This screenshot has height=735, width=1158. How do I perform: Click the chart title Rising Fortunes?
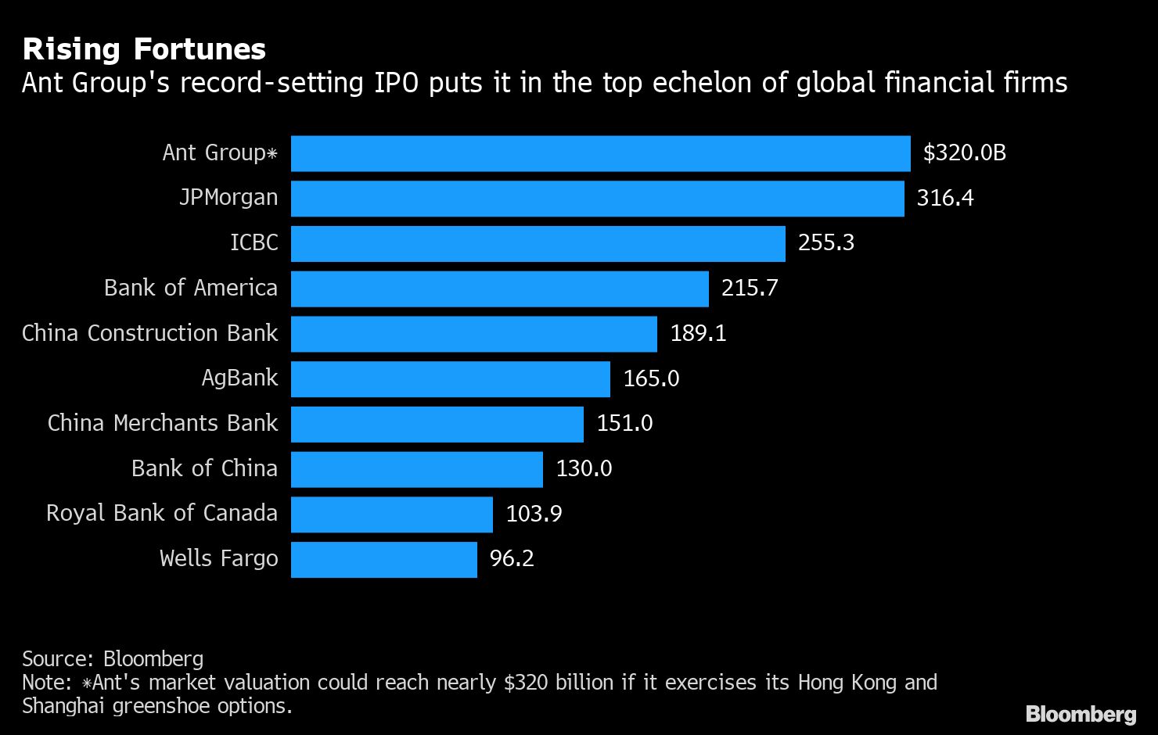click(144, 49)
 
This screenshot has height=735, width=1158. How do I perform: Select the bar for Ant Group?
click(600, 153)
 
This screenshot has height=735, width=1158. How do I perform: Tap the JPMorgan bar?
click(597, 199)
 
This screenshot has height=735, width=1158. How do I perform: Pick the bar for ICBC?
click(538, 244)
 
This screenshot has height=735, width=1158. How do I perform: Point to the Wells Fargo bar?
click(383, 560)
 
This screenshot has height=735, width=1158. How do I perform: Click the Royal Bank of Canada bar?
click(391, 514)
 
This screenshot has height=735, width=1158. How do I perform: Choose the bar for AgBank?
click(450, 379)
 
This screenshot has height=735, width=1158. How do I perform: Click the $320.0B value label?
click(964, 152)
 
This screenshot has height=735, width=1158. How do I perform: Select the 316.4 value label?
click(944, 198)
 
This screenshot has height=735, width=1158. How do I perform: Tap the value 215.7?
click(749, 288)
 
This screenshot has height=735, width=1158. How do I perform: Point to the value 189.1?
click(698, 333)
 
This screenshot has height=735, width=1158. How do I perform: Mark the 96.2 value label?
click(512, 558)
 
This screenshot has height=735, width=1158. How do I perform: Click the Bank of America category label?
click(190, 288)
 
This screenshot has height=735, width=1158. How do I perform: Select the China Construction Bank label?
click(149, 333)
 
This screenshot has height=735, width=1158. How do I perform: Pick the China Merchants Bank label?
click(162, 423)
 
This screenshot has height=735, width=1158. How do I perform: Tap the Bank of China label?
click(204, 468)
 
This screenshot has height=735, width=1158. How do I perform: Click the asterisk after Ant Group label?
click(272, 153)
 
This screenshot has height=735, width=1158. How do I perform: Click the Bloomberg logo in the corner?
click(1081, 714)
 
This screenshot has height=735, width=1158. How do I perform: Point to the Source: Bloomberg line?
click(113, 659)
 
